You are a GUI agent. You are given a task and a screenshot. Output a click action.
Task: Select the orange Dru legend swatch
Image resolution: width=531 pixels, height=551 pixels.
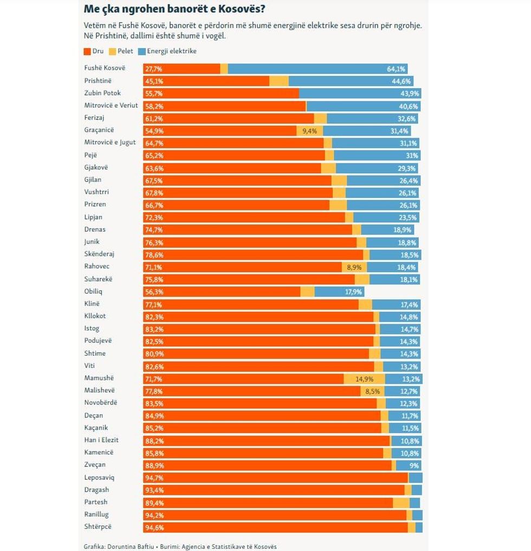87,51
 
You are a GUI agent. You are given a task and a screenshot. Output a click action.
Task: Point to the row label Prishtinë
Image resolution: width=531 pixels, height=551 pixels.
98,81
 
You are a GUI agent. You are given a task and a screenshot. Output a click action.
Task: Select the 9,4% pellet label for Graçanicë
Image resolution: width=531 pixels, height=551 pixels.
309,131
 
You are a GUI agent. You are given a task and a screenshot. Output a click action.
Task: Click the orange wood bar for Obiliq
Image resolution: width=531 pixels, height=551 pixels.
222,292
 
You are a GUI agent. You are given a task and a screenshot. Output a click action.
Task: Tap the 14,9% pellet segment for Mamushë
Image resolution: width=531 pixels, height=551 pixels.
365,379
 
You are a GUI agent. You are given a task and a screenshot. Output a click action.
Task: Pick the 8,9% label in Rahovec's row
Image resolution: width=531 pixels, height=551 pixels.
354,267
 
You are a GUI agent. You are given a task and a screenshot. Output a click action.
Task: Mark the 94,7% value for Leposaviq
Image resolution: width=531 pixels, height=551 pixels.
154,478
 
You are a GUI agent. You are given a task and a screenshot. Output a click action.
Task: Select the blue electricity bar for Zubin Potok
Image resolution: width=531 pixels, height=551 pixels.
360,94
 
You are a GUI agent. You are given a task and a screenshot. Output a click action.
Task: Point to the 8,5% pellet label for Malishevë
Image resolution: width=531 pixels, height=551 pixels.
373,391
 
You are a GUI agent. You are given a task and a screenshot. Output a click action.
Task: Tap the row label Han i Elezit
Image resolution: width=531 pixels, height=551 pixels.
101,440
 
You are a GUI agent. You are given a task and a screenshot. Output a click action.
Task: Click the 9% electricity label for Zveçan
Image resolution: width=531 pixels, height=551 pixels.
414,465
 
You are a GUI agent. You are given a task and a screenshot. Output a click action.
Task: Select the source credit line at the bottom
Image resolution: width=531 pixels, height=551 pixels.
180,547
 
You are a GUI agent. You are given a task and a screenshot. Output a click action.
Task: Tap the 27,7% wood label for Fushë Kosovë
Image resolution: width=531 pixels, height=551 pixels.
154,69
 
